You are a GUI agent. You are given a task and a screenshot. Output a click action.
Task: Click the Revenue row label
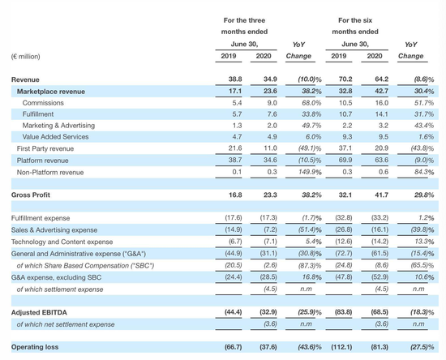[25, 79]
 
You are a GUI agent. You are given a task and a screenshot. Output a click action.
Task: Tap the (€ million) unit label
[26, 57]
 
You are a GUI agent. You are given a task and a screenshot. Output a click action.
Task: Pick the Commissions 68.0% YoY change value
[311, 103]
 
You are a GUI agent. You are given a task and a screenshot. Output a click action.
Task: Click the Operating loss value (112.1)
[341, 347]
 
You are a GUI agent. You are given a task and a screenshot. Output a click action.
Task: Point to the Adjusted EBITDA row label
[39, 312]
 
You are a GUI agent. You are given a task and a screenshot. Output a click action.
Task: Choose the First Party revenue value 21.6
[235, 148]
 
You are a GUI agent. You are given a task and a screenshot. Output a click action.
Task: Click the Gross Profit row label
[31, 195]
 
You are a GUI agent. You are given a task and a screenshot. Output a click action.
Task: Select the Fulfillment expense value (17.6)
[234, 218]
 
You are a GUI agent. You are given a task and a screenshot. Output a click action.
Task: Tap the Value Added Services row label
[55, 137]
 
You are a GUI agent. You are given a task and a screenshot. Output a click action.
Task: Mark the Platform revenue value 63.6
[381, 160]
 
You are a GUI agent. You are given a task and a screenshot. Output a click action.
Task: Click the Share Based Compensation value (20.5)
[234, 265]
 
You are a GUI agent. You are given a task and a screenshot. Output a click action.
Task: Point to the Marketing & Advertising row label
[58, 126]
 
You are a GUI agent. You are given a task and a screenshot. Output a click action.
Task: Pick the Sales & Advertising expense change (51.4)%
[310, 229]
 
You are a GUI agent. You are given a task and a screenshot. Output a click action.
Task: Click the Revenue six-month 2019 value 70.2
[345, 79]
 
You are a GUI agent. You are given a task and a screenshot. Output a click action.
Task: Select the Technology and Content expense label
[62, 242]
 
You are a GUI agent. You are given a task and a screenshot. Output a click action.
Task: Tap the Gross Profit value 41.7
[381, 195]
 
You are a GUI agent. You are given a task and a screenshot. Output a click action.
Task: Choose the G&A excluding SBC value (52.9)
[380, 277]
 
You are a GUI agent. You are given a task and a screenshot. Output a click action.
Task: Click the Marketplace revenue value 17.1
[235, 91]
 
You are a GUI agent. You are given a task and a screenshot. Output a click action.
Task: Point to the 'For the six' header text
[355, 20]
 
